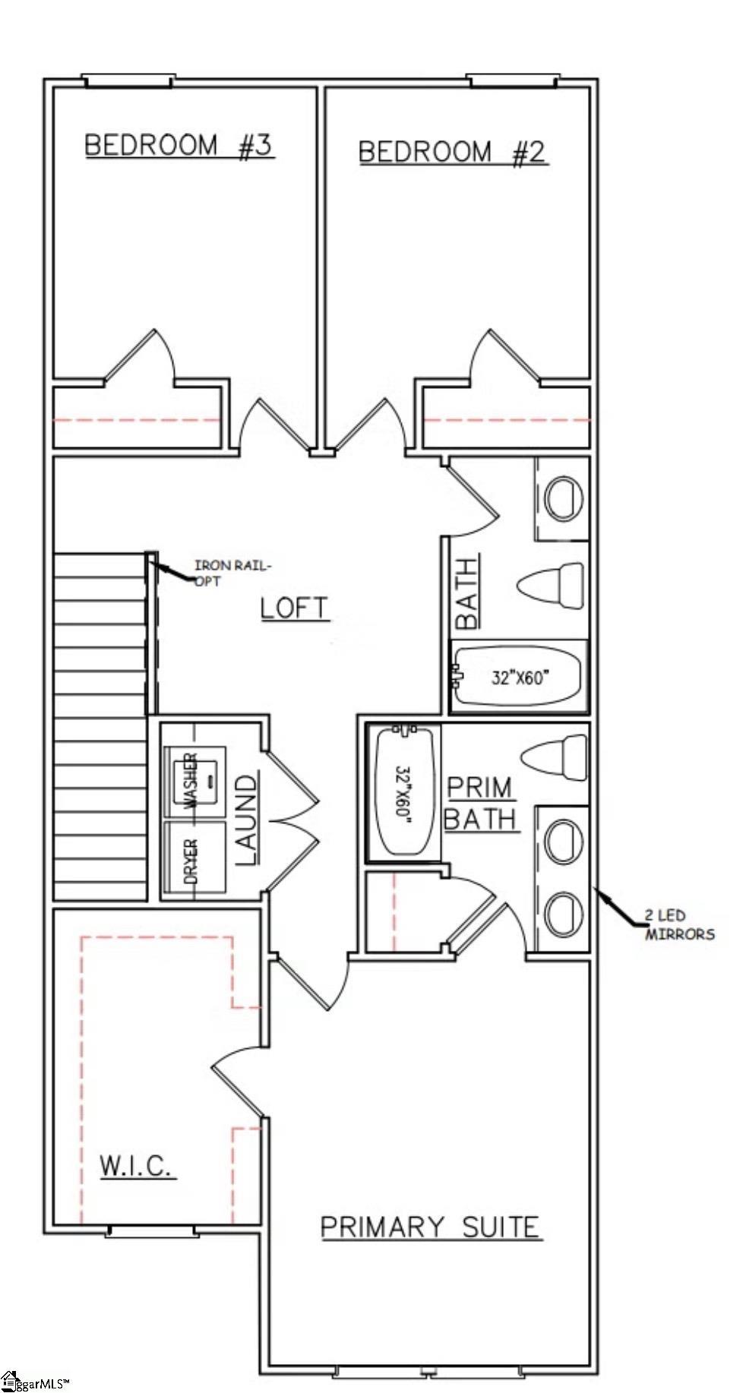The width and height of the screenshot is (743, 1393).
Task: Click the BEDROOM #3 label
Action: (179, 145)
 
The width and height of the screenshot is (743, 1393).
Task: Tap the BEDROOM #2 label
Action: (452, 153)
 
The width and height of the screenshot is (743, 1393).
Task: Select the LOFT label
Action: (295, 608)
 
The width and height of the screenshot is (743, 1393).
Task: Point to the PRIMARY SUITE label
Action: (430, 1227)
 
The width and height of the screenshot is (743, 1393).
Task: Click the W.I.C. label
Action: (137, 1166)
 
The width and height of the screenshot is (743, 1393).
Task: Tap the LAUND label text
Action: (246, 819)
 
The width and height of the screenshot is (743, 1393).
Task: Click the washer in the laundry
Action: (195, 781)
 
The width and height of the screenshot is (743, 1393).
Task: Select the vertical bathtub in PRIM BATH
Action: (403, 791)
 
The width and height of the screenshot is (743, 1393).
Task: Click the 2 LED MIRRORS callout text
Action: (679, 924)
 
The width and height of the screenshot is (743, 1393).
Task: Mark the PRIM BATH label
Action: (481, 803)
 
